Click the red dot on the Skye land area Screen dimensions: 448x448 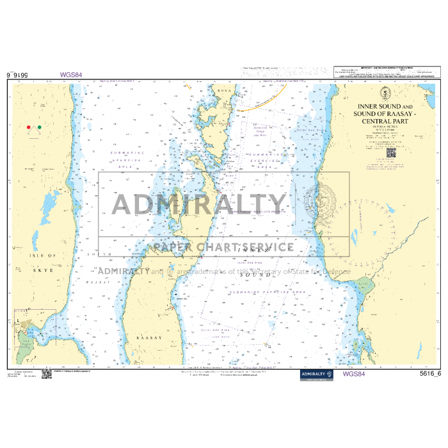pos(29,127)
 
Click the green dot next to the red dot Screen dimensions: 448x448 pos(39,127)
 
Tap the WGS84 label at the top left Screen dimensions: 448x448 pos(71,74)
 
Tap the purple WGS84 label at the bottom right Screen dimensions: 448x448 pos(355,374)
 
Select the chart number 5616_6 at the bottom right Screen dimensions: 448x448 pos(430,374)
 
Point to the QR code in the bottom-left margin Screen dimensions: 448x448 pos(46,374)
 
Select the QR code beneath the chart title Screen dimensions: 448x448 pos(391,152)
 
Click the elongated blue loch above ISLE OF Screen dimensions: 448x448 pos(49,204)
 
